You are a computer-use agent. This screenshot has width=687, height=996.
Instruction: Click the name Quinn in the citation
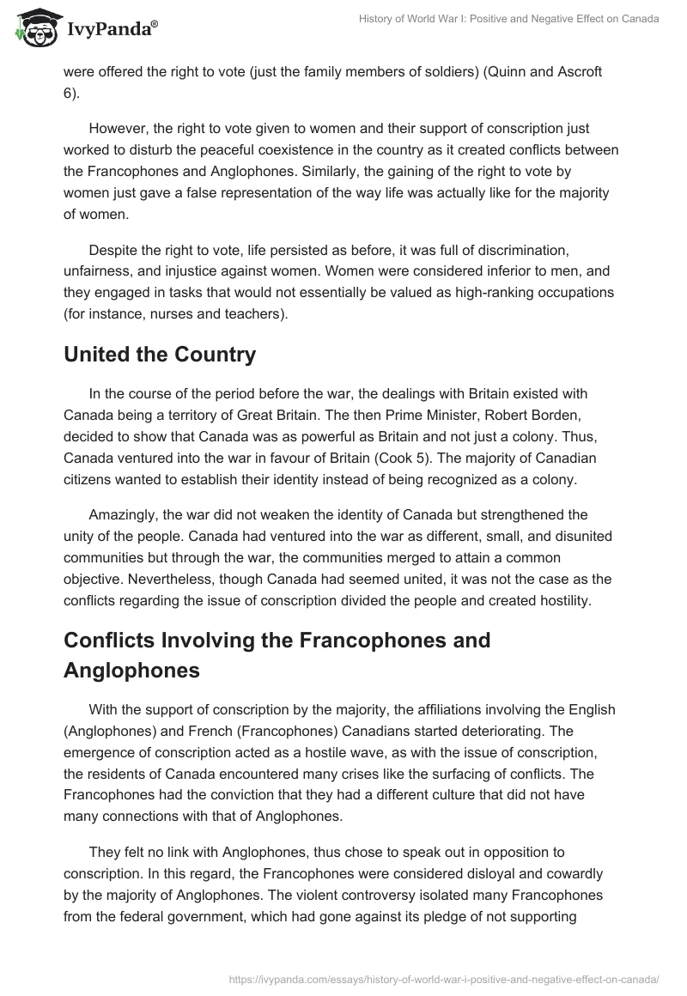click(x=508, y=72)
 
